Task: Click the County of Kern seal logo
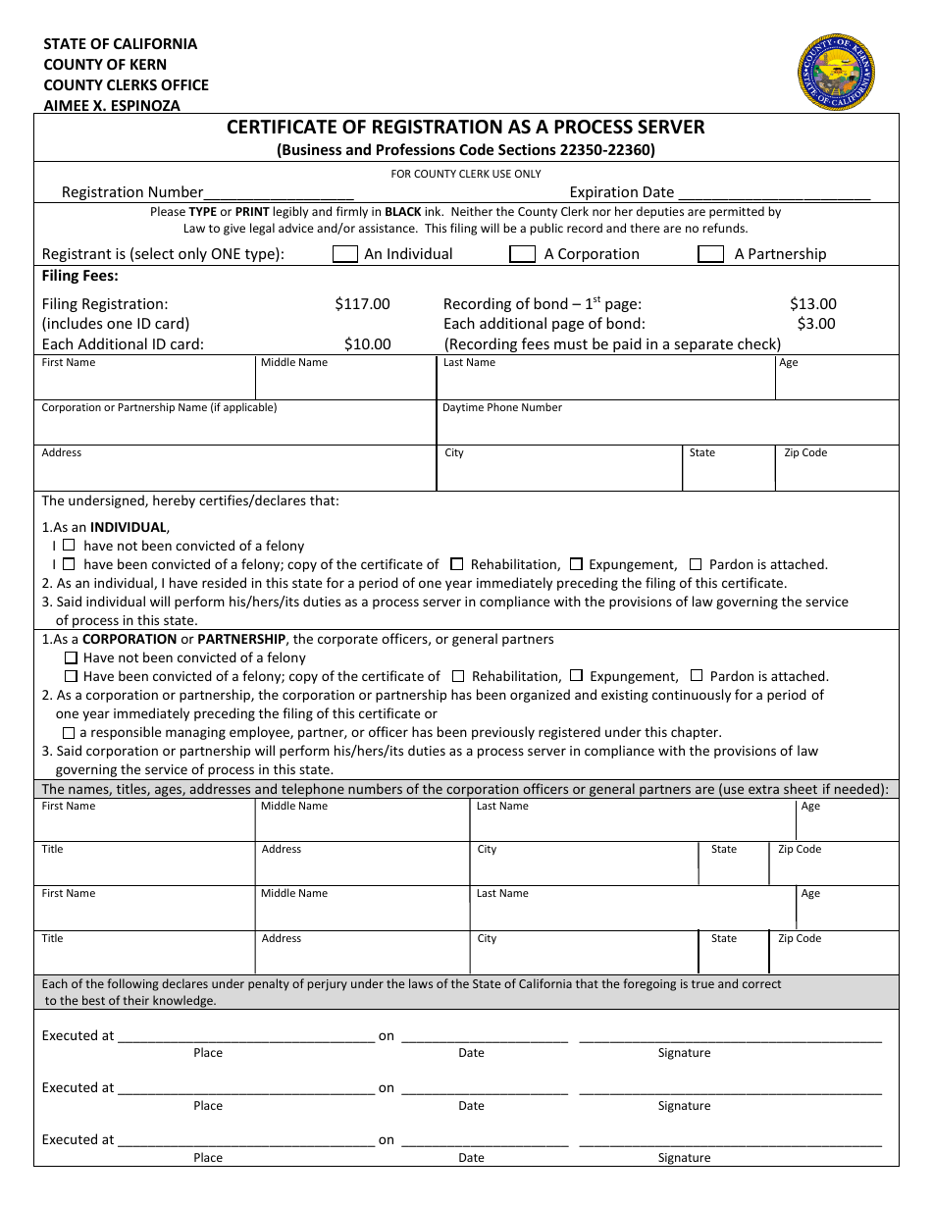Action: (x=836, y=72)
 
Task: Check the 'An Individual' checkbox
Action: (x=345, y=254)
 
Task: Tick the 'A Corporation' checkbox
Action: (x=522, y=254)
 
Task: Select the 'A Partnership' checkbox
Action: (x=710, y=254)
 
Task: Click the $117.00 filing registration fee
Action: (x=362, y=304)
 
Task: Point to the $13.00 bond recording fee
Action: (x=812, y=304)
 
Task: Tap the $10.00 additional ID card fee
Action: (x=367, y=344)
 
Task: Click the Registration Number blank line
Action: (x=279, y=193)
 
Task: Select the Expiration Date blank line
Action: (x=774, y=193)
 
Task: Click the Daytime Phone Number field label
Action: (x=502, y=408)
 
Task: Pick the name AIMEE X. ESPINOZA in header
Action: (x=112, y=106)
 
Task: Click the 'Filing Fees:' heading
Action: (x=80, y=277)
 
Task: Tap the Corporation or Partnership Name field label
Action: (x=159, y=408)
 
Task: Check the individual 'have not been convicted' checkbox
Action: (x=69, y=545)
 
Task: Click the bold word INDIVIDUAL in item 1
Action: (x=129, y=527)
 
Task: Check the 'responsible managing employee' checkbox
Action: (x=69, y=733)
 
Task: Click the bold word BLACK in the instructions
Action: (x=402, y=212)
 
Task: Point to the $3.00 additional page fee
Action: (x=815, y=324)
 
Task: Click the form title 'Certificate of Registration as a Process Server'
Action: (x=466, y=128)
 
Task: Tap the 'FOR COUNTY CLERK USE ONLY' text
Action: (x=466, y=174)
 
